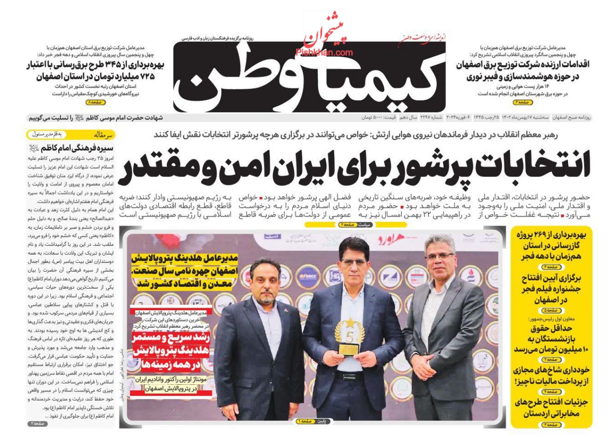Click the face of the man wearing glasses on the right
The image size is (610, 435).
(439, 255)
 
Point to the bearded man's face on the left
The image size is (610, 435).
(265, 282)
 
